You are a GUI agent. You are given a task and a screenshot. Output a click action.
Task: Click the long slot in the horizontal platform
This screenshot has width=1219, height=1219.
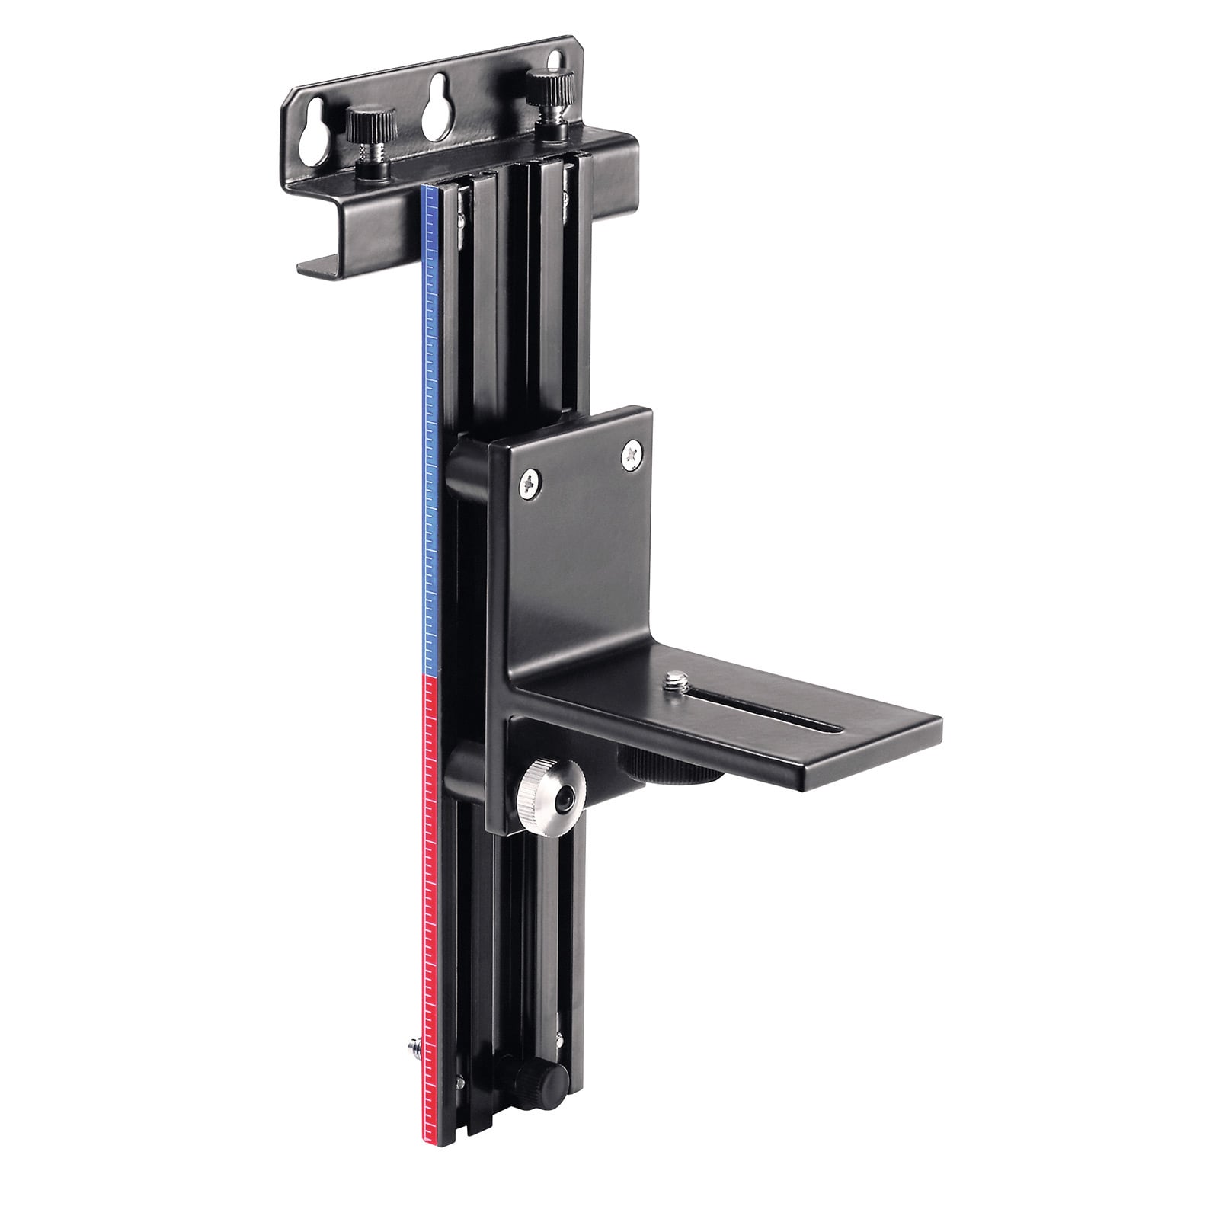(x=769, y=716)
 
